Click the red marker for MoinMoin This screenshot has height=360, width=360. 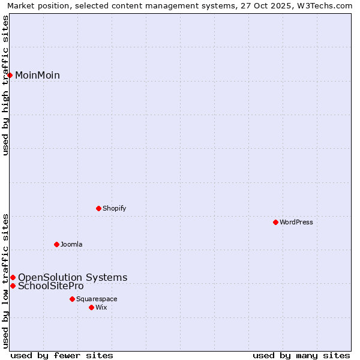(10, 75)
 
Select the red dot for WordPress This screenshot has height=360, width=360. (275, 222)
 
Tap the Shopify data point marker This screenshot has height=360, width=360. (98, 208)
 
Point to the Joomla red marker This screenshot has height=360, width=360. (56, 244)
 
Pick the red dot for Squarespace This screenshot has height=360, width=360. (72, 299)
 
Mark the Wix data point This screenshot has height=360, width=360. (91, 307)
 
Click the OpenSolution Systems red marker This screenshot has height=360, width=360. (13, 277)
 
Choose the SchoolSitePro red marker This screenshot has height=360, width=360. (13, 286)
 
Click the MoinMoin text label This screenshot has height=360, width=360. (37, 75)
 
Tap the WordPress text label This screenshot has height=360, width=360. (296, 222)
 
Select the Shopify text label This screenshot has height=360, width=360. (114, 208)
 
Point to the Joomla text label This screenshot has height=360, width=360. (71, 244)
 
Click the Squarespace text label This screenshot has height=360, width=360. (97, 299)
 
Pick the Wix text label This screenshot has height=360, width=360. (101, 307)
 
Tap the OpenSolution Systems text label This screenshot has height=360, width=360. (73, 277)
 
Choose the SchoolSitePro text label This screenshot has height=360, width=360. (50, 286)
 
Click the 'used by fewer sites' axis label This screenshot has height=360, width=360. (62, 356)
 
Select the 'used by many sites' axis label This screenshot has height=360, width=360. (301, 356)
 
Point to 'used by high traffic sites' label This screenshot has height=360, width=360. (5, 85)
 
